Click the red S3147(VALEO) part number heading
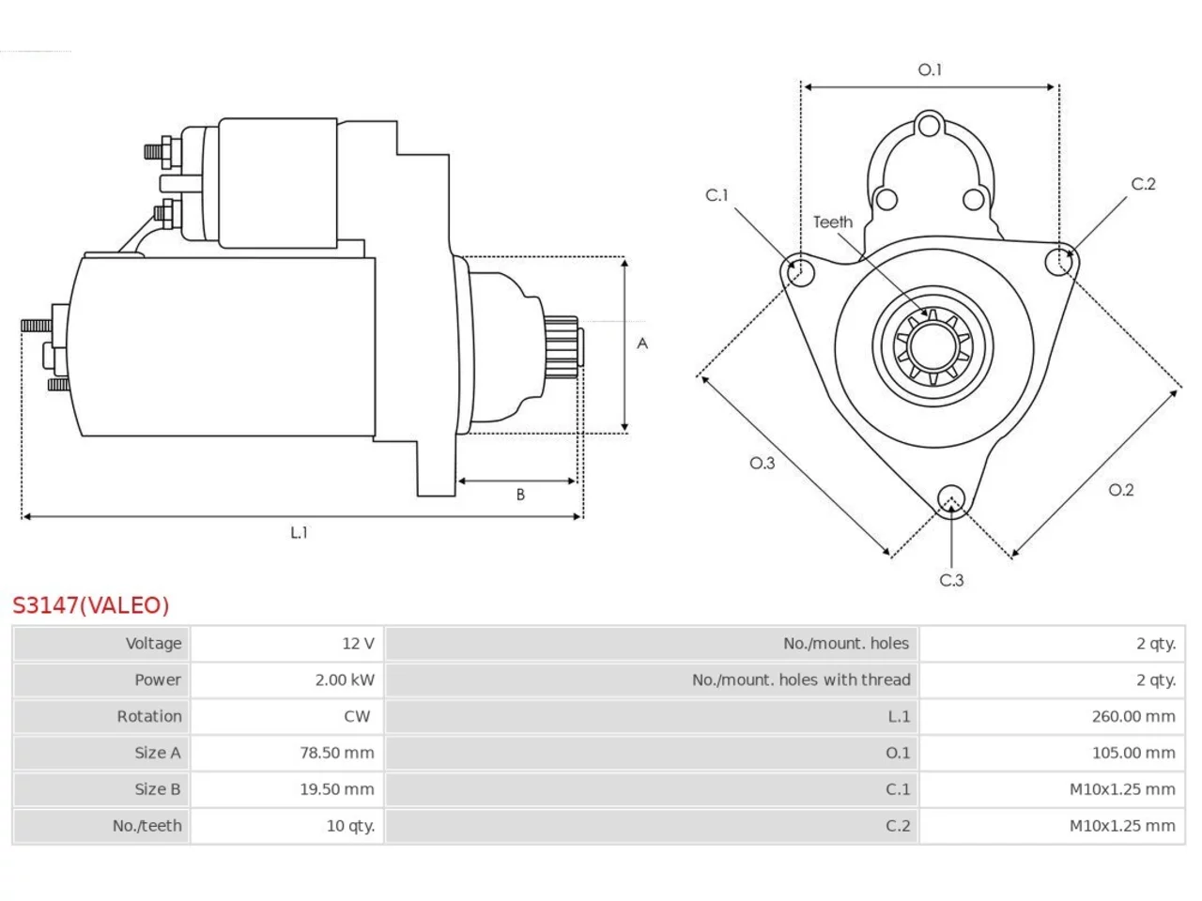91,605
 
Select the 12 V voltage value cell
358,643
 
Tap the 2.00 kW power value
345,680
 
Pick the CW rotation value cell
357,717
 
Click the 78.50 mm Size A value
337,753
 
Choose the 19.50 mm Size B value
337,789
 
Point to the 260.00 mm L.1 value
1133,717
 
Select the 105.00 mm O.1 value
1133,753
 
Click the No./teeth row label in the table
146,826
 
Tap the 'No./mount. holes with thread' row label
801,680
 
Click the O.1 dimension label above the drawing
930,70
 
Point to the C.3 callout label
952,580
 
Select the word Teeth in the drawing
833,222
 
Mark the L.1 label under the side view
299,532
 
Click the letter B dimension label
520,495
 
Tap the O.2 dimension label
1121,490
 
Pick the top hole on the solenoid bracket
930,126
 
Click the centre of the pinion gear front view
932,346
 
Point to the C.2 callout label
1144,184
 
